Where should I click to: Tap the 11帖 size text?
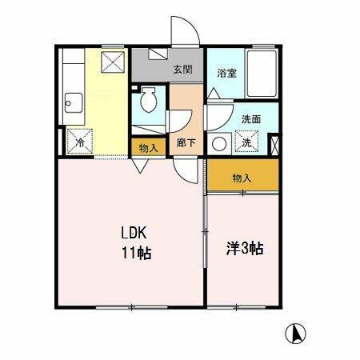[137, 255]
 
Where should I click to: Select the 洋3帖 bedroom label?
[242, 249]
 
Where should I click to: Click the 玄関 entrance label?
[182, 70]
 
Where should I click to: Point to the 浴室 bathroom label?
[226, 72]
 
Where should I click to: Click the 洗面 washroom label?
[251, 119]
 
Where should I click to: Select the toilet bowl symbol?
[148, 102]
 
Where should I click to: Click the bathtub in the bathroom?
[263, 74]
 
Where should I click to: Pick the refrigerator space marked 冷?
[80, 142]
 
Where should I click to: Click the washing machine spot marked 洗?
[247, 142]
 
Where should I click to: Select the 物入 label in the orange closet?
[242, 178]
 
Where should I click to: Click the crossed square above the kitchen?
[113, 59]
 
